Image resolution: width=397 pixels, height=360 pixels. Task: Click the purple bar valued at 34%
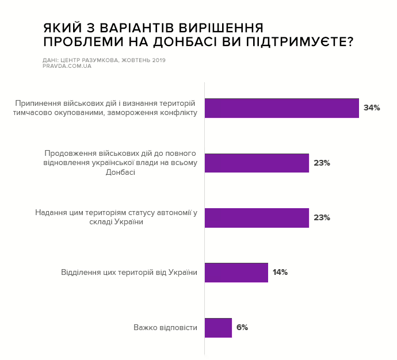(282, 108)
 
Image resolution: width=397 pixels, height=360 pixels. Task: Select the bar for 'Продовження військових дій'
(257, 163)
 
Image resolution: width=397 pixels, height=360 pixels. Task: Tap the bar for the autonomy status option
(257, 217)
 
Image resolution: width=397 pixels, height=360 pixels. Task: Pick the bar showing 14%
(236, 272)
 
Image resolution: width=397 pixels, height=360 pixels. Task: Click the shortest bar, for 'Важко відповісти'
(218, 327)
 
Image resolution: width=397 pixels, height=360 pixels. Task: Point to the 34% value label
(372, 108)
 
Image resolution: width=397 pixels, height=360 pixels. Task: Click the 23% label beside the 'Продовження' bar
(322, 163)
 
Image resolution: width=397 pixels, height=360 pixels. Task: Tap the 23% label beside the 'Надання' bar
(322, 217)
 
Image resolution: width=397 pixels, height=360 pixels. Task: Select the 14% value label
(280, 272)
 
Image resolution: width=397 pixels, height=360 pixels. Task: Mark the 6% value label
(242, 327)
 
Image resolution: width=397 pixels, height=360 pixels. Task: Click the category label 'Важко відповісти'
(166, 327)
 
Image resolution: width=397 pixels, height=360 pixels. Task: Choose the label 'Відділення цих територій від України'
(129, 272)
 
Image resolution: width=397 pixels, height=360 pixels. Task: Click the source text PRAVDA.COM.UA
(67, 66)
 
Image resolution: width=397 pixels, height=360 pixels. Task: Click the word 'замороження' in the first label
(138, 113)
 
